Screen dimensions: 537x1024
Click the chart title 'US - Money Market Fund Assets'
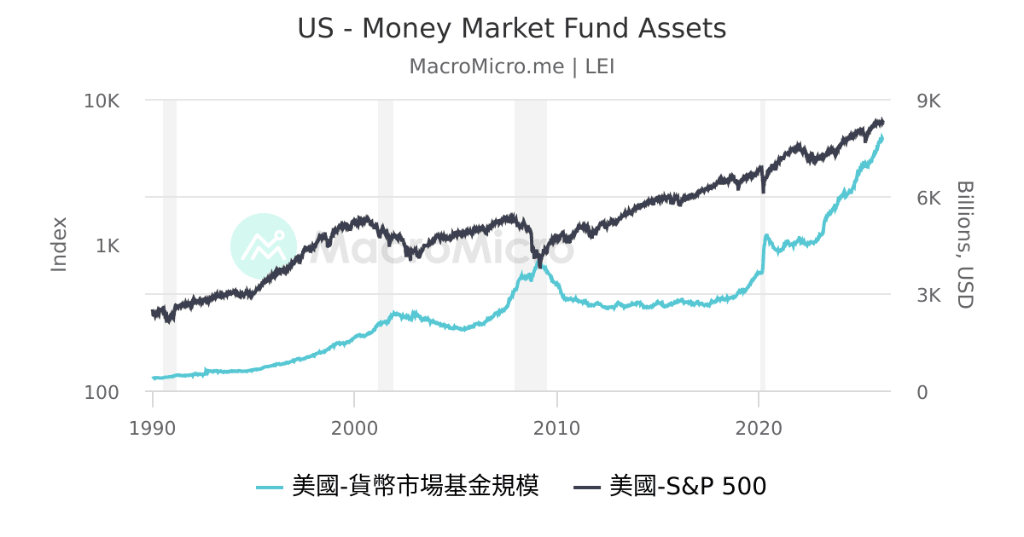click(x=511, y=29)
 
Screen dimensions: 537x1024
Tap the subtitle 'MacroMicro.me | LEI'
click(x=511, y=66)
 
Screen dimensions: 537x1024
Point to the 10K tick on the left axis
click(x=102, y=101)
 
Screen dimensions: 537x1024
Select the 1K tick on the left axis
click(x=108, y=246)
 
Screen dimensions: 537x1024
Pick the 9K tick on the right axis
click(x=928, y=101)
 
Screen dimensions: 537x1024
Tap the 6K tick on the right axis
click(x=928, y=198)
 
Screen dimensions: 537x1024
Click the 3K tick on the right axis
click(x=928, y=296)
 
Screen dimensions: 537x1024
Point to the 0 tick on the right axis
click(x=921, y=393)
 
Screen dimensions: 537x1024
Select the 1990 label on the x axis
click(x=153, y=428)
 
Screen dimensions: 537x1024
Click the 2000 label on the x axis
click(x=355, y=428)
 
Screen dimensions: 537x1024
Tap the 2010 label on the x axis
click(x=557, y=428)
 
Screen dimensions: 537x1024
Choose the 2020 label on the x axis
click(x=759, y=428)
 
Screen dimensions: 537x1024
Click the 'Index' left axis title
click(x=59, y=245)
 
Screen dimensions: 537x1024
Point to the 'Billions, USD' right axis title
click(x=964, y=245)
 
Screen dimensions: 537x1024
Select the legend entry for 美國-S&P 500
click(x=670, y=487)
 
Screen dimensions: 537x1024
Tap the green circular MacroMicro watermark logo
click(x=264, y=245)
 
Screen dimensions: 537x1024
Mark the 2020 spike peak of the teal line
click(x=766, y=235)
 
